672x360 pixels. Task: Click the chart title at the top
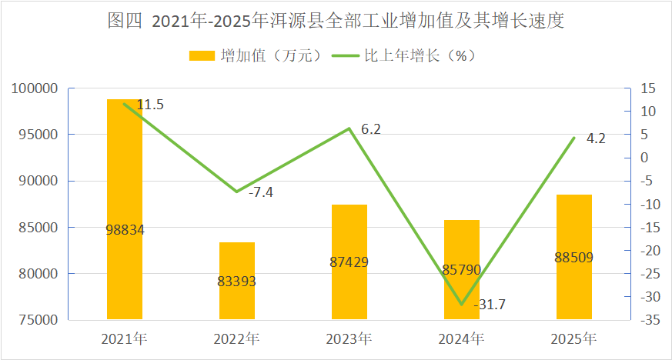point(336,21)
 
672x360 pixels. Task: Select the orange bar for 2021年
point(125,209)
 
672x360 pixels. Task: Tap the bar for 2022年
point(237,281)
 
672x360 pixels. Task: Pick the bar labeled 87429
point(349,262)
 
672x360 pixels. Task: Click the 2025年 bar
point(574,257)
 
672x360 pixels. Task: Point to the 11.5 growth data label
point(150,105)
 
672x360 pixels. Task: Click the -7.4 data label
point(261,192)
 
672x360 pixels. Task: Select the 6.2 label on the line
point(371,129)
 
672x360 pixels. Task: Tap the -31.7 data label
point(490,305)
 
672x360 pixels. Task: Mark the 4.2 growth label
point(596,138)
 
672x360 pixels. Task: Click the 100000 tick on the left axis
point(35,88)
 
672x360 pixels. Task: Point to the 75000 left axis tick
point(38,320)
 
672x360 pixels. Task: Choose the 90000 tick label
point(38,181)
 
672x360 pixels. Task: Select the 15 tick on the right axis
point(648,88)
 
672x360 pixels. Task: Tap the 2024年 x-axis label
point(461,339)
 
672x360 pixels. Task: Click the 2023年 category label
point(349,339)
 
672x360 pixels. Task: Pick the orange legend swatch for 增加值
point(202,55)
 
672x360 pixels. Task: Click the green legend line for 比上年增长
point(346,55)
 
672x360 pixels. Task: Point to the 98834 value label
point(125,230)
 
